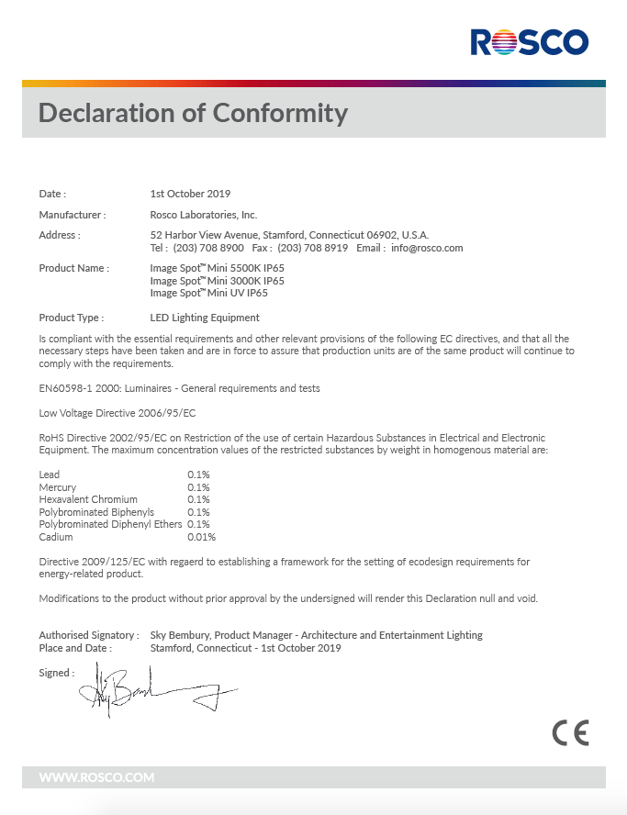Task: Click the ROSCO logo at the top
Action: pyautogui.click(x=529, y=41)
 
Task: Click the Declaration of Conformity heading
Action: pyautogui.click(x=193, y=113)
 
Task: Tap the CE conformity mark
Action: pyautogui.click(x=570, y=732)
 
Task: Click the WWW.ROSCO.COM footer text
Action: pyautogui.click(x=96, y=777)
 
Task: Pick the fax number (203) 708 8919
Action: pyautogui.click(x=312, y=248)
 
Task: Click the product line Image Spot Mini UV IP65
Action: pyautogui.click(x=209, y=293)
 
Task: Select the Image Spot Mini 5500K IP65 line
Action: pyautogui.click(x=217, y=268)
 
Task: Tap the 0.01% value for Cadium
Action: pyautogui.click(x=201, y=537)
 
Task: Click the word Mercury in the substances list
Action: pyautogui.click(x=58, y=487)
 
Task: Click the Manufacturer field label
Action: pyautogui.click(x=73, y=215)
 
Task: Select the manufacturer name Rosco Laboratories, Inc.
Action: pyautogui.click(x=204, y=215)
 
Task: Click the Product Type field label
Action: pyautogui.click(x=71, y=318)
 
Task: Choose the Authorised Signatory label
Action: pyautogui.click(x=89, y=635)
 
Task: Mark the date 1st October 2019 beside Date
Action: pyautogui.click(x=190, y=194)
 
